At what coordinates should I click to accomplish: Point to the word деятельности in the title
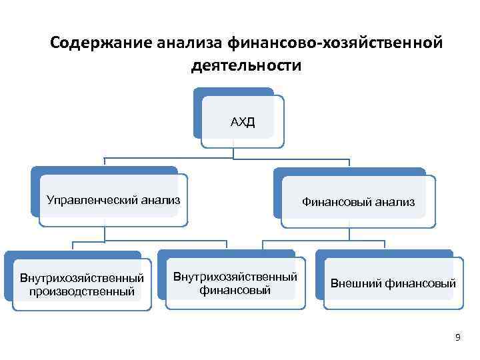click(246, 66)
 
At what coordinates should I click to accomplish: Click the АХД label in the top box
click(243, 123)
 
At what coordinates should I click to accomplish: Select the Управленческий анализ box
click(113, 199)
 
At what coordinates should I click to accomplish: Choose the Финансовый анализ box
click(358, 201)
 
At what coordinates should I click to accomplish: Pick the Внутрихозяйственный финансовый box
click(235, 283)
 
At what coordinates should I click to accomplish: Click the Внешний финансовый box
click(392, 284)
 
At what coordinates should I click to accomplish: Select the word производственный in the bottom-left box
click(81, 291)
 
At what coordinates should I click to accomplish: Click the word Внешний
click(355, 284)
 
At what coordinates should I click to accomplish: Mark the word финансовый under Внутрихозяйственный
click(235, 291)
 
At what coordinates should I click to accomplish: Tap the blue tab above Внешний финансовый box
click(383, 254)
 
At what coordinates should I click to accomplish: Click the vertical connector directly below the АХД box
click(233, 153)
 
